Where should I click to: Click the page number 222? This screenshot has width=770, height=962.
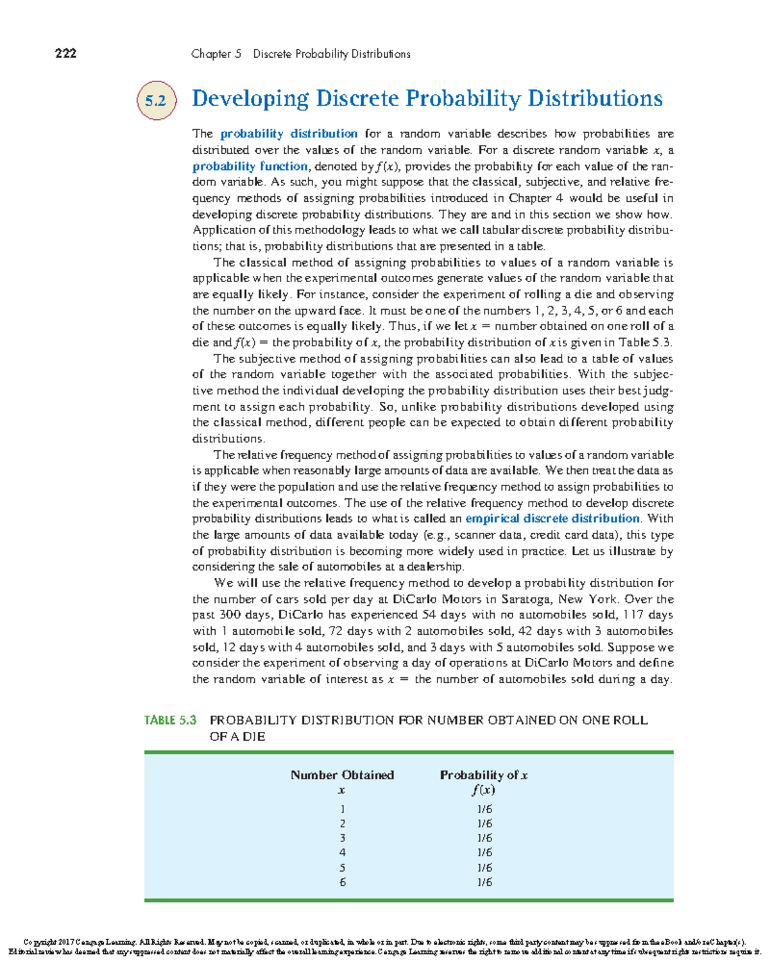pyautogui.click(x=65, y=53)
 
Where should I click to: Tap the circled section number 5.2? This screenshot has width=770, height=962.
pyautogui.click(x=156, y=101)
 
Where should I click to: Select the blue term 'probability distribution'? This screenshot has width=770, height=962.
pyautogui.click(x=289, y=133)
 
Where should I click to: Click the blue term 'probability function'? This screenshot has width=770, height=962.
pyautogui.click(x=250, y=166)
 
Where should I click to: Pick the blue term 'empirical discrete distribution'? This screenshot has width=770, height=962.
pyautogui.click(x=552, y=518)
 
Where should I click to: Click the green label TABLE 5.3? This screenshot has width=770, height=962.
pyautogui.click(x=170, y=720)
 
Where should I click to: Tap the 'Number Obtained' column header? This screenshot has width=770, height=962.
pyautogui.click(x=342, y=775)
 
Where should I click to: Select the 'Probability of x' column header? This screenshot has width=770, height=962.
pyautogui.click(x=483, y=775)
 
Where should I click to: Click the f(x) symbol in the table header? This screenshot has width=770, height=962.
pyautogui.click(x=483, y=790)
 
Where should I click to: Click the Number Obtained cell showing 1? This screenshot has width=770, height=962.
pyautogui.click(x=342, y=809)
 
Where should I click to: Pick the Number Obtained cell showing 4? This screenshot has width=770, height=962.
pyautogui.click(x=342, y=853)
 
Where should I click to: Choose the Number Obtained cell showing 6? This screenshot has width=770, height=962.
pyautogui.click(x=342, y=882)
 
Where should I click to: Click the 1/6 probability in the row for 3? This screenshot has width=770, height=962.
pyautogui.click(x=484, y=838)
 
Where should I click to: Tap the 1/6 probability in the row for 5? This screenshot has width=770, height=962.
pyautogui.click(x=484, y=868)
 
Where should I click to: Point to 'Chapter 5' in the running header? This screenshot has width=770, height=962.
pyautogui.click(x=216, y=54)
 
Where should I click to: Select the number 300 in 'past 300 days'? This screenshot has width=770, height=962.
pyautogui.click(x=230, y=614)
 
